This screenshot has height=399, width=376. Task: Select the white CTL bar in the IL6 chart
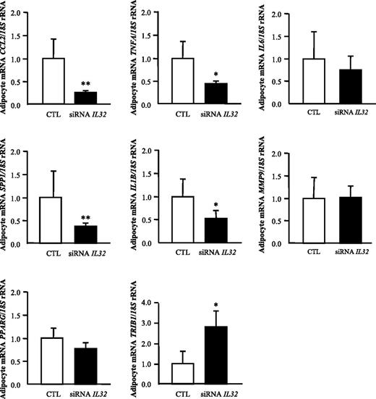[x=314, y=82]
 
